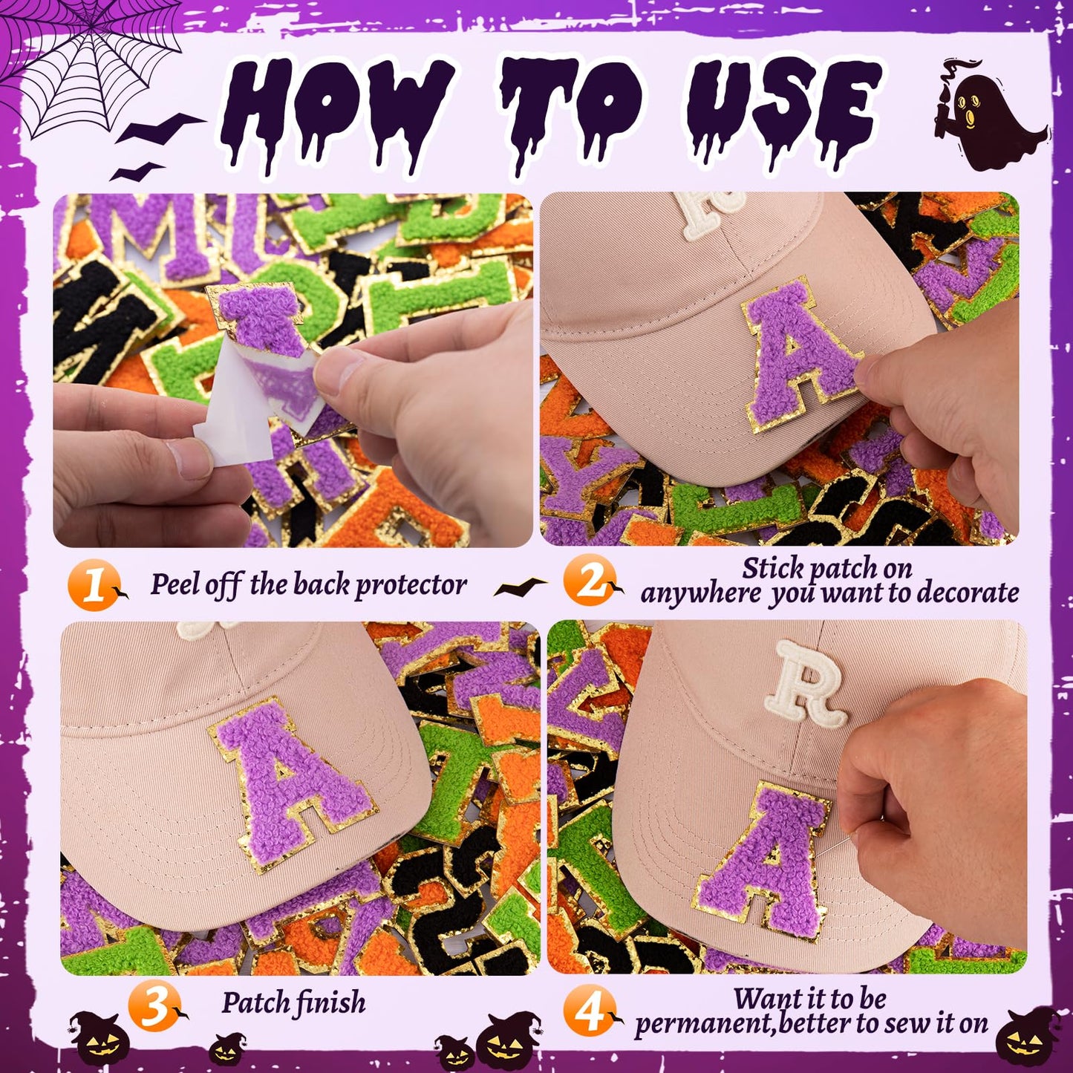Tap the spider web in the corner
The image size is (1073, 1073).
(x=89, y=56)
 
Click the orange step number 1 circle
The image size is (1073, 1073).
(x=92, y=586)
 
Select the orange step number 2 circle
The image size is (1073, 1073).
(x=587, y=581)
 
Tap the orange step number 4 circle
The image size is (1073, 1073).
(x=589, y=1011)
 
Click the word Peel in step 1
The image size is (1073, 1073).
(x=175, y=585)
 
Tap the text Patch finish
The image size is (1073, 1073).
(x=293, y=1003)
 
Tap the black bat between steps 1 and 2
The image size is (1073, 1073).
(x=520, y=587)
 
